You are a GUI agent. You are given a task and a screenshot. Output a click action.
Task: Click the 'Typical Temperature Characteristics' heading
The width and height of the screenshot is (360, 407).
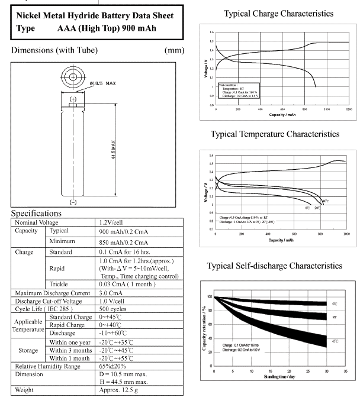(275, 134)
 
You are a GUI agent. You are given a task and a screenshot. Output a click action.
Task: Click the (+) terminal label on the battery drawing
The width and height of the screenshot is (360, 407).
(73, 99)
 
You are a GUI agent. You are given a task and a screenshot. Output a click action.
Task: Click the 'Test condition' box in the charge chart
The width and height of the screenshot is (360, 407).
(239, 90)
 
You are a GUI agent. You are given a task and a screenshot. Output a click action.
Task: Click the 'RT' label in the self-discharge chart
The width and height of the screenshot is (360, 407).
(335, 316)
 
